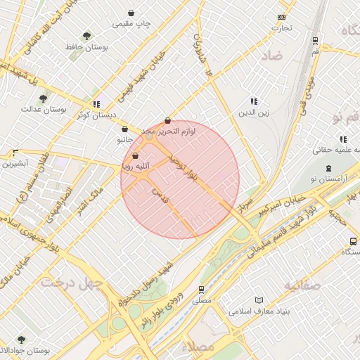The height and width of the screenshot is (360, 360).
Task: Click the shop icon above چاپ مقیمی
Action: [131, 13]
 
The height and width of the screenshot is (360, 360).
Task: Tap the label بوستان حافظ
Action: [86, 48]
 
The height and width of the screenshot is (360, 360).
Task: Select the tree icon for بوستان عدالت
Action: [44, 98]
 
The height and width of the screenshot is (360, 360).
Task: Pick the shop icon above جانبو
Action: [124, 129]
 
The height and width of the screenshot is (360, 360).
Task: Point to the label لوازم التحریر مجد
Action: [167, 131]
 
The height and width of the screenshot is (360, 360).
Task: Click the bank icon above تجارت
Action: [282, 17]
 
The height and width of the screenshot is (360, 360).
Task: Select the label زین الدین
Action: [254, 112]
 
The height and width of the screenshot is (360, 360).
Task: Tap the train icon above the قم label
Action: [314, 40]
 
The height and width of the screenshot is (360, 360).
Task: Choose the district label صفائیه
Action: [302, 285]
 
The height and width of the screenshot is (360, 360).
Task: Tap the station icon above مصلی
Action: [202, 289]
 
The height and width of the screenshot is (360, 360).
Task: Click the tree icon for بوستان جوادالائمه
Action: [20, 340]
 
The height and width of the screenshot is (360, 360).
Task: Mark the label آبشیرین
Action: [15, 164]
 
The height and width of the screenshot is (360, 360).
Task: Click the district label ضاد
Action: [273, 55]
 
